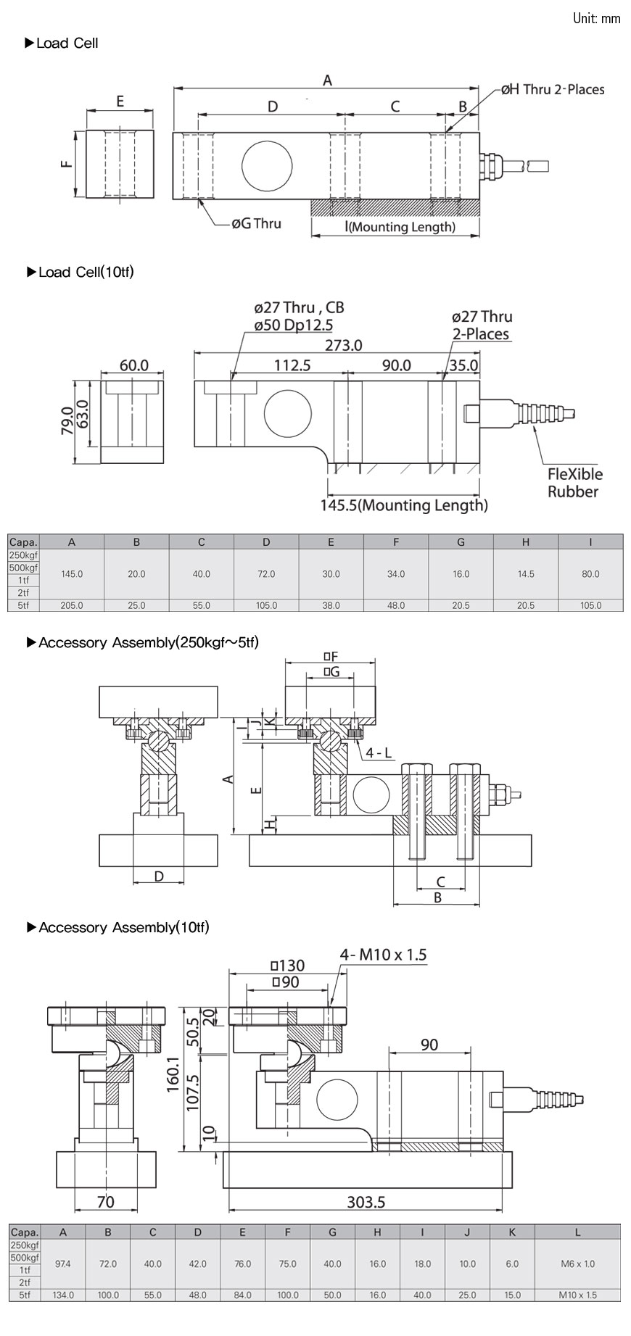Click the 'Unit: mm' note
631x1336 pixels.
pos(596,18)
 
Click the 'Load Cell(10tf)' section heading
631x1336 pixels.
pos(86,272)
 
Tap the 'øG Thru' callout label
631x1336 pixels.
pos(256,223)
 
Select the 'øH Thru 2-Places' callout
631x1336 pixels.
pos(552,89)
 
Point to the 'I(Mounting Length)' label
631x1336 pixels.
pos(401,227)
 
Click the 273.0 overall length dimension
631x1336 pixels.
pos(343,345)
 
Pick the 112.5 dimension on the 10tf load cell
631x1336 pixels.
pos(292,365)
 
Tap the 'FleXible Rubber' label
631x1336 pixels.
pos(574,483)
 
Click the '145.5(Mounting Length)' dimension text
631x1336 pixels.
pos(404,505)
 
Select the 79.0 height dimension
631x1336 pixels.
pos(66,420)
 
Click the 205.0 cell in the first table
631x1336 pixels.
pos(72,605)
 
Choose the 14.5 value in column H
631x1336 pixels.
pos(526,573)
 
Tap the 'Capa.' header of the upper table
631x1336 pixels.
pos(23,542)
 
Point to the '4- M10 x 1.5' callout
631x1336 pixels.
pos(383,955)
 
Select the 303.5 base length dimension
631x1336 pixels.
pos(366,1202)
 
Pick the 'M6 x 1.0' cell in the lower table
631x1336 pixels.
pos(577,1264)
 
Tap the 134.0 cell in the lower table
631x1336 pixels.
pos(63,1295)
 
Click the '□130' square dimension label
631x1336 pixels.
pos(287,966)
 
